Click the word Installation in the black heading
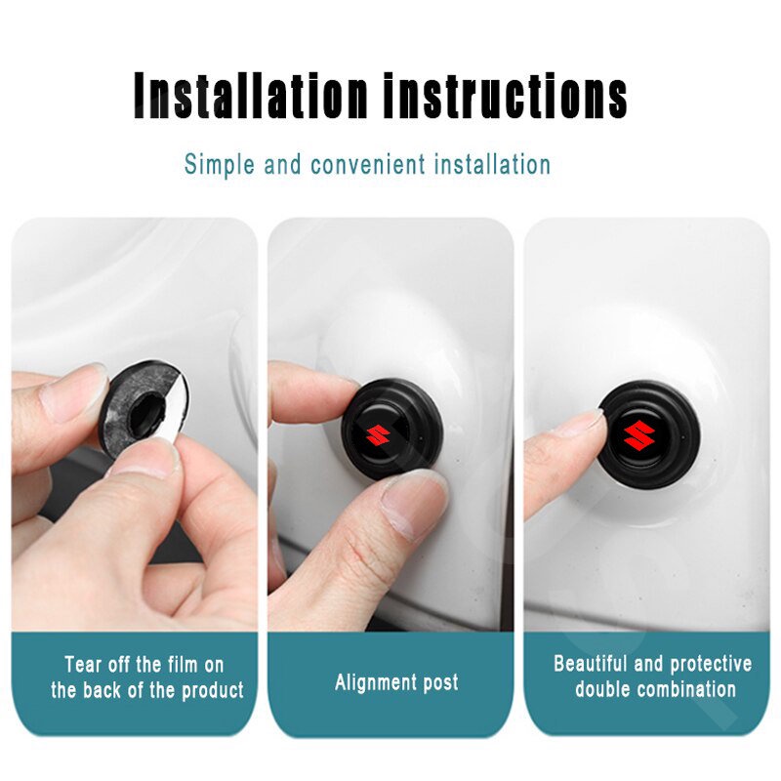[x=250, y=96]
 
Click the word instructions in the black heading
[x=506, y=96]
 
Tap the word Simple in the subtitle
[x=219, y=164]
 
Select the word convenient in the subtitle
[x=368, y=164]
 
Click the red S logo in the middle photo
[x=377, y=435]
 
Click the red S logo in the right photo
[x=639, y=434]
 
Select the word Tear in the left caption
[x=82, y=665]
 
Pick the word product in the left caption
[x=212, y=691]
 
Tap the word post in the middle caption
[x=440, y=682]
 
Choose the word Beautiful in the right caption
[x=591, y=664]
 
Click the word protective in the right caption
[x=711, y=664]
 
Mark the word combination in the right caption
[x=686, y=689]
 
